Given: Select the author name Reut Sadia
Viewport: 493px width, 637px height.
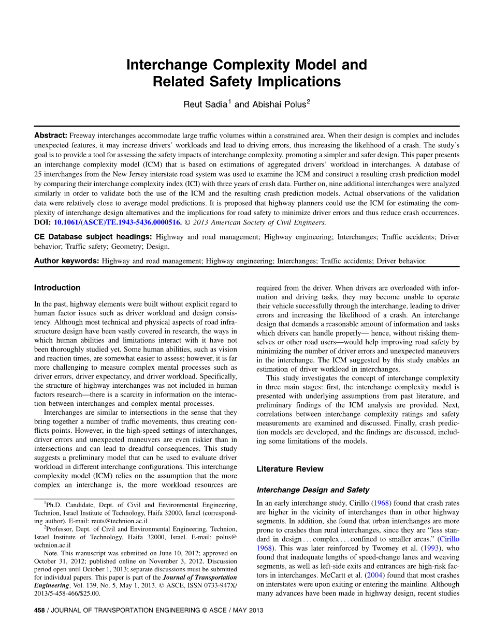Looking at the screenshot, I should click(205, 104).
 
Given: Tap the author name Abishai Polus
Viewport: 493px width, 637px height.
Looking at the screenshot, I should click(277, 104).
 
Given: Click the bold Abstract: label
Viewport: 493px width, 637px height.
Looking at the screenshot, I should click(51, 135).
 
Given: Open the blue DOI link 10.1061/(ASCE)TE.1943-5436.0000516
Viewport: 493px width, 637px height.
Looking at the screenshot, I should click(118, 222).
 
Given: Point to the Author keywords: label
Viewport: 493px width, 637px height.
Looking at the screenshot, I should click(66, 261).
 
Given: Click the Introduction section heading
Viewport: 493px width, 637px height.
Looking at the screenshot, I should click(57, 287).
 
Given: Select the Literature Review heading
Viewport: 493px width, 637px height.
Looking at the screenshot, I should click(290, 469).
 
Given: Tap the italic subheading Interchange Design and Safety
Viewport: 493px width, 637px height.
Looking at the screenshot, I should click(313, 490).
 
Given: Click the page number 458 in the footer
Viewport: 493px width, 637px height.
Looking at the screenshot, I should click(39, 610).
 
